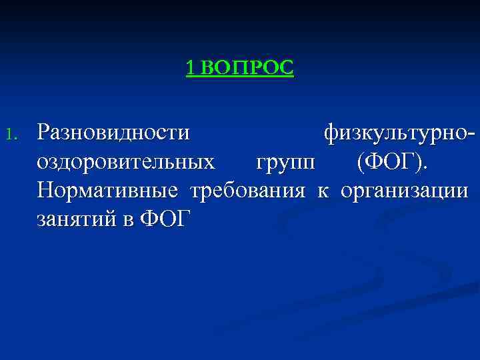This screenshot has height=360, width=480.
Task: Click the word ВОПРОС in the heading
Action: tap(246, 67)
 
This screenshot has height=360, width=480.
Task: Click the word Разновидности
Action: tap(113, 132)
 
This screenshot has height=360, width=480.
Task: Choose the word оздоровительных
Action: tap(127, 162)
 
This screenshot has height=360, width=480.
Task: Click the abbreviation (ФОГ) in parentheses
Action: tap(393, 161)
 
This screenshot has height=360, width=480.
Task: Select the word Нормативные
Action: tap(108, 191)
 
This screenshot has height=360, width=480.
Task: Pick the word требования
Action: tap(248, 191)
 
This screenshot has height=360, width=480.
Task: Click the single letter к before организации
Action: tap(323, 191)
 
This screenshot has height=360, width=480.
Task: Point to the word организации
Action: tap(405, 191)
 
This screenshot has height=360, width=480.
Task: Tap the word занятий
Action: tap(75, 220)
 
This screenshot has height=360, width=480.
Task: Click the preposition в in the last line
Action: tap(127, 221)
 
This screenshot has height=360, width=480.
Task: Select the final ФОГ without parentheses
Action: tap(163, 219)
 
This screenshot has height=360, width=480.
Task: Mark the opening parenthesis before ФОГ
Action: tap(361, 162)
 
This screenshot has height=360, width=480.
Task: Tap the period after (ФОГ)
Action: tap(427, 167)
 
